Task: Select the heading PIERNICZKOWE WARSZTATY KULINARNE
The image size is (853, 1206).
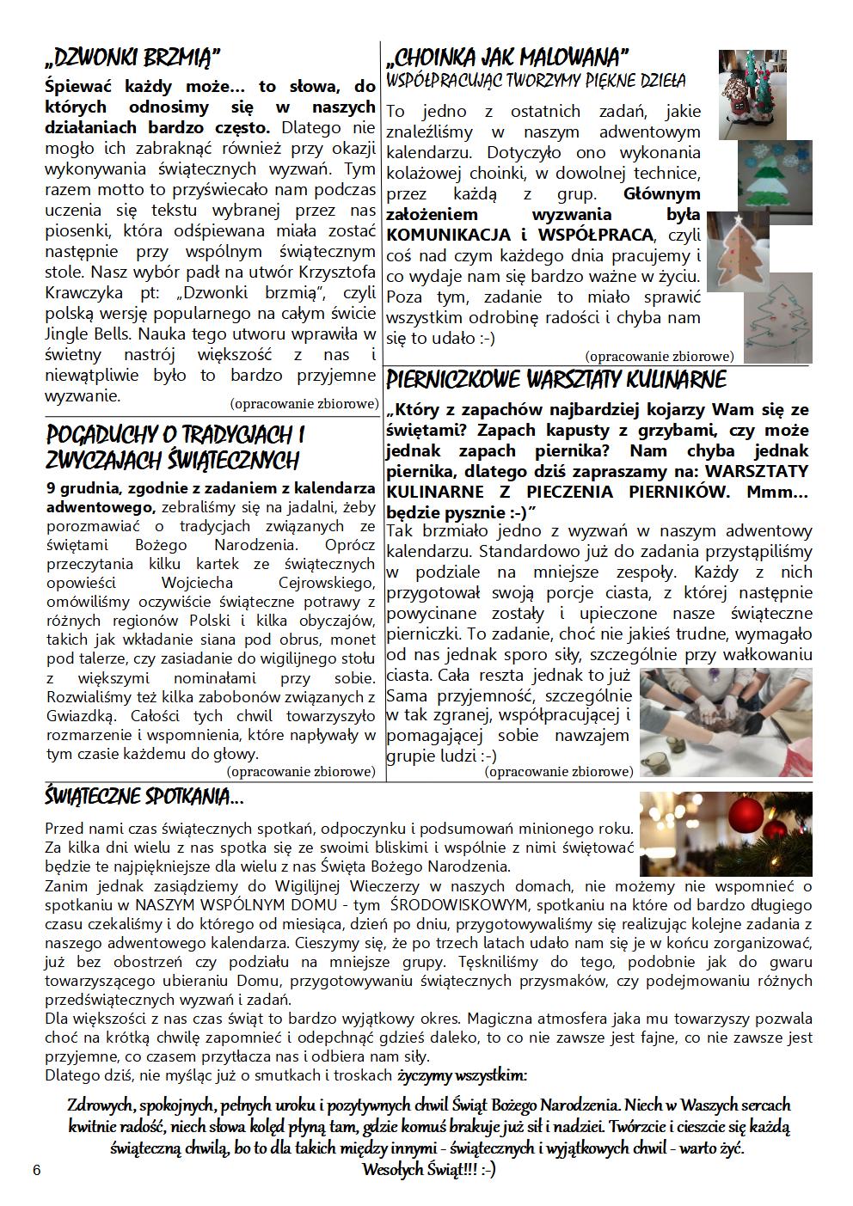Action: click(556, 380)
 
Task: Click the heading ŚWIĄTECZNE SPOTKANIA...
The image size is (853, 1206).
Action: click(144, 798)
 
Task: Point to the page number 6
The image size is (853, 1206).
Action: click(36, 1171)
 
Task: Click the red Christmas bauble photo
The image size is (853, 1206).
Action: click(726, 833)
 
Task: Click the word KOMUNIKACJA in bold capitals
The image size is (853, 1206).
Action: click(447, 236)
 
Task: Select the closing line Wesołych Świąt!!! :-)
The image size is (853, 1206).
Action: click(428, 1170)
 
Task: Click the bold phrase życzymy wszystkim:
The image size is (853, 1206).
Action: click(463, 1075)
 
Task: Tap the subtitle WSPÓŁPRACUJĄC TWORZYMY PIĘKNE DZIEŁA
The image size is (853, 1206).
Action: click(537, 82)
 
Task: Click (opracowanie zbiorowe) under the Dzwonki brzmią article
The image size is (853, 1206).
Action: click(304, 403)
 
